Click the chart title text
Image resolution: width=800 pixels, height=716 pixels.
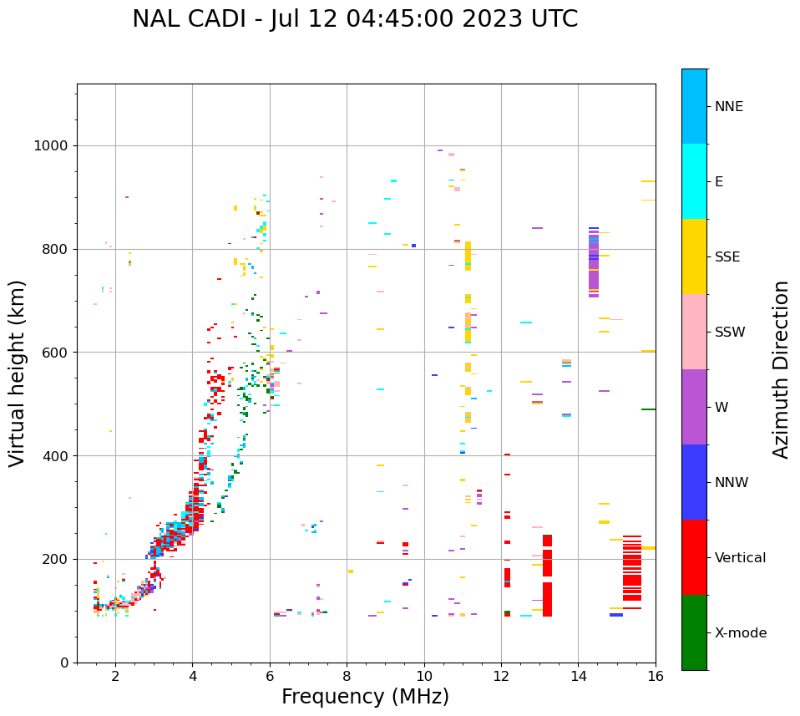355,19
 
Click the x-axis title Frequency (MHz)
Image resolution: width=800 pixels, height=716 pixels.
365,697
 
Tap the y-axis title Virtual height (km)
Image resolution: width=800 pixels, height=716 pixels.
18,373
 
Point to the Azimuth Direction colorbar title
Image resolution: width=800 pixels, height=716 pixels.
781,368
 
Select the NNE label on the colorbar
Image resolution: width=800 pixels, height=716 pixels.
728,107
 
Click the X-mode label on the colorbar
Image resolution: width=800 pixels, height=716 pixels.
740,633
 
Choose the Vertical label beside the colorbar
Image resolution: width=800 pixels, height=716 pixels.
740,558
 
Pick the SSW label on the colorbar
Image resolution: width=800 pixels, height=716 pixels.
730,333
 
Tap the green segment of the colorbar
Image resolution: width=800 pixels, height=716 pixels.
694,632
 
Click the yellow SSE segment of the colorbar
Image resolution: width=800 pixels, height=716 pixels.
694,256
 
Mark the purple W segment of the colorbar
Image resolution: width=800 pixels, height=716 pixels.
694,407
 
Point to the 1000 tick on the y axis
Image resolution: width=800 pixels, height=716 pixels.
53,146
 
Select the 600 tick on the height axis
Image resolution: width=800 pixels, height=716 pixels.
56,353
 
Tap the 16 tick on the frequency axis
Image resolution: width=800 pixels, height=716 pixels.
656,676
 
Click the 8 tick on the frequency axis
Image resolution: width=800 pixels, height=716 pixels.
347,676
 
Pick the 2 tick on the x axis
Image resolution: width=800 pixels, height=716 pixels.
115,676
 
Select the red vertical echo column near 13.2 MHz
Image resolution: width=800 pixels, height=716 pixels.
548,576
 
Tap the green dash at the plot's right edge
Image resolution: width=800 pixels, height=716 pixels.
648,409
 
